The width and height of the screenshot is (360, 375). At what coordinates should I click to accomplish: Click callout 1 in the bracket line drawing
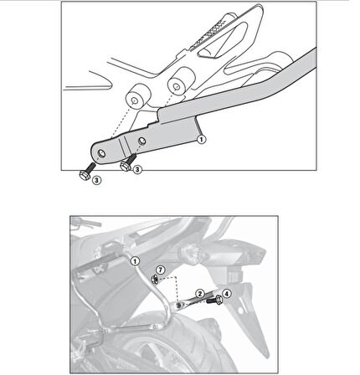coord(202,139)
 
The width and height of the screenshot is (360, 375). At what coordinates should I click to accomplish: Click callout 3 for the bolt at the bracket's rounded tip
coord(96,180)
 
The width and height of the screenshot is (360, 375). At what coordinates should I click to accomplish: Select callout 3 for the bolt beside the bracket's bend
coord(137,169)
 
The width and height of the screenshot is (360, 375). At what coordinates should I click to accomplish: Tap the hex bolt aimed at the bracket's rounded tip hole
coord(87,171)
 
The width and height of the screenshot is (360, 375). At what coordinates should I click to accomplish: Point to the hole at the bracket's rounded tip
coord(101,153)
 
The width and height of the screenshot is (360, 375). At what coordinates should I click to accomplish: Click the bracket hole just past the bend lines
coord(141,141)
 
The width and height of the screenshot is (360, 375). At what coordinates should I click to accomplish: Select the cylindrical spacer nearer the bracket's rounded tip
coord(137,98)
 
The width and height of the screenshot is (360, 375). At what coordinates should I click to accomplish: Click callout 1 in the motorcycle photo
coord(135,261)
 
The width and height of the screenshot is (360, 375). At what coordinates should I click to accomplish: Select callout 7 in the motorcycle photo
coord(160,270)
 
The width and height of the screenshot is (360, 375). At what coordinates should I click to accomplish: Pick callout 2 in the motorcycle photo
coord(199,294)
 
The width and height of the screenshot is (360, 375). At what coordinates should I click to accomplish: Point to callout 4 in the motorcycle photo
coord(226,294)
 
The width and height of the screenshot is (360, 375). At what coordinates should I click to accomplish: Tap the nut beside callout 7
coord(154,279)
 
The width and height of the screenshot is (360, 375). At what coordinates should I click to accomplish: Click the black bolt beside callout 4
coord(214,301)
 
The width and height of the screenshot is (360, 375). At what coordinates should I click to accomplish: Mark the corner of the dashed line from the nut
coord(177,277)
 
